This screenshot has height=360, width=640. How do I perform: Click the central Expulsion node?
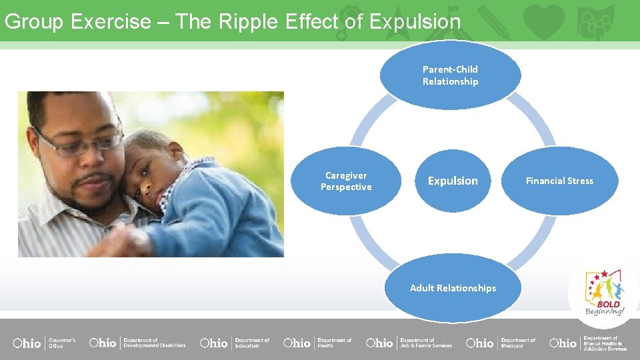pos(453,181)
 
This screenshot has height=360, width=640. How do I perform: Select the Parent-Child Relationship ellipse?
pos(450,75)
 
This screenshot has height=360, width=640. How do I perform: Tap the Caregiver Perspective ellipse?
pos(346,181)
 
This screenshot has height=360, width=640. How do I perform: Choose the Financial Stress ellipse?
pos(559,181)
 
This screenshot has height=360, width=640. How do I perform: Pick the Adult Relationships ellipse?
pos(453,288)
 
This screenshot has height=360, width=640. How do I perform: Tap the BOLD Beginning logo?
pos(604,293)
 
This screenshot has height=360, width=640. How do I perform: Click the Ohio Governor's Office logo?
pos(44,343)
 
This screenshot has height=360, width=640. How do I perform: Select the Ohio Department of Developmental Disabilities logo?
pos(137,343)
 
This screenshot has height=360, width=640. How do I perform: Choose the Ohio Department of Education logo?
pos(235,343)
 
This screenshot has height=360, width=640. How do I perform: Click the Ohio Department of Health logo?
pos(317,343)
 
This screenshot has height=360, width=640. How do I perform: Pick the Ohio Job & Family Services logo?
pos(409,343)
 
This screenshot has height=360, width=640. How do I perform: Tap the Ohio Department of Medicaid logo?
pos(501,343)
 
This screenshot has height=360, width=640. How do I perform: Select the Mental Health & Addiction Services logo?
pos(588,343)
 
